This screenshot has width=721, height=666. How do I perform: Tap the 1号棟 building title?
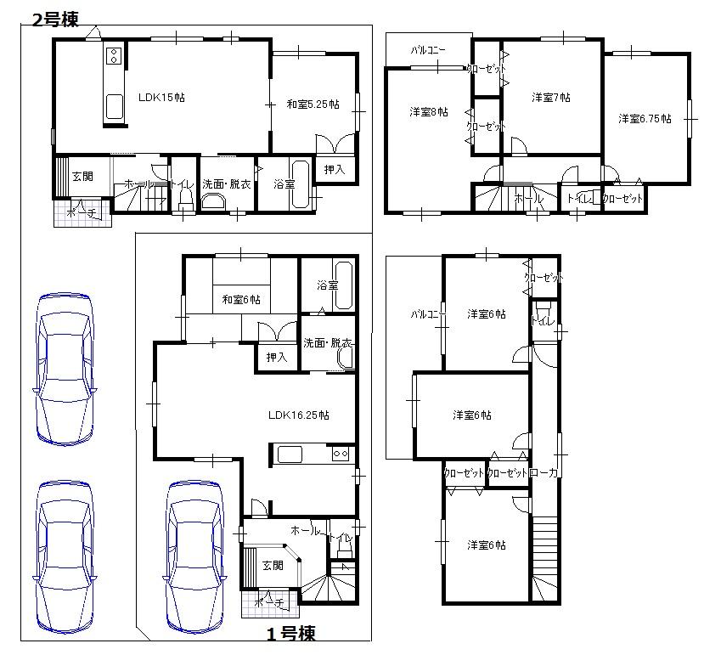[x=291, y=634]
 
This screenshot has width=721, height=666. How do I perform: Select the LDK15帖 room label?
[x=161, y=98]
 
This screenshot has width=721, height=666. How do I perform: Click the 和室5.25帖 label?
[x=313, y=104]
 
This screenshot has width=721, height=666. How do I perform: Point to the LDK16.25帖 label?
[x=298, y=415]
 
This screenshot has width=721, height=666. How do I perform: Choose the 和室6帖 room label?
[x=241, y=299]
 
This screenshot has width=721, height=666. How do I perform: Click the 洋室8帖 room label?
[x=428, y=112]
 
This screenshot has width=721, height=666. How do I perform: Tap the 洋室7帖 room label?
[x=550, y=98]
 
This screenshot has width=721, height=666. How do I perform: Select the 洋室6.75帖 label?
[x=645, y=119]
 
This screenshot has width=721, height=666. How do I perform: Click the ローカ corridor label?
[x=543, y=473]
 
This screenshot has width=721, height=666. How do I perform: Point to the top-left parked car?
[x=65, y=369]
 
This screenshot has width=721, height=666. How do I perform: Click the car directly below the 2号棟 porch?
[x=65, y=556]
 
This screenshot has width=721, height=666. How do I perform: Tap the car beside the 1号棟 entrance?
[x=195, y=556]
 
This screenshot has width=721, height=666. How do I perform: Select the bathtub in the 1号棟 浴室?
[x=343, y=290]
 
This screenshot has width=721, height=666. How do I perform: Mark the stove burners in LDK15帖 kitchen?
[x=115, y=58]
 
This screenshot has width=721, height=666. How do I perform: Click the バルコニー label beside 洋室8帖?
[x=428, y=50]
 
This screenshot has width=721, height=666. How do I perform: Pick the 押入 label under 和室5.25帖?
[x=334, y=170]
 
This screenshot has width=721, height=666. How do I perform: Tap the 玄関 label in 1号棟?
[x=272, y=565]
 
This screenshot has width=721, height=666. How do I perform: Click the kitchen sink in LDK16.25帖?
[x=290, y=454]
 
